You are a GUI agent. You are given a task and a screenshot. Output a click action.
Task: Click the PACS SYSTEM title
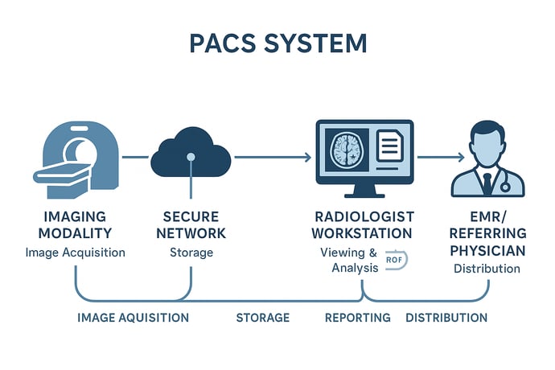click(x=277, y=44)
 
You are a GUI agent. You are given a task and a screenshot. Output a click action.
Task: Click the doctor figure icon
click(x=487, y=160)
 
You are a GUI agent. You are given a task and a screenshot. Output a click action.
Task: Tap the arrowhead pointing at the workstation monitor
click(x=307, y=158)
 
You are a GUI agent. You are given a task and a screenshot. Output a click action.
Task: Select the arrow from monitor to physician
click(x=442, y=158)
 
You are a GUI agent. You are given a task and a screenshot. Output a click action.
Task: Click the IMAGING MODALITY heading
click(x=76, y=225)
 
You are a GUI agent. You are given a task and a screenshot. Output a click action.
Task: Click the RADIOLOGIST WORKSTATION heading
click(x=365, y=225)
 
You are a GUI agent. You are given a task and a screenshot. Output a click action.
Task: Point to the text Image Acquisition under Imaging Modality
click(x=76, y=253)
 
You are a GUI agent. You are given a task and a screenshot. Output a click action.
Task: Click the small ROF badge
click(x=395, y=260)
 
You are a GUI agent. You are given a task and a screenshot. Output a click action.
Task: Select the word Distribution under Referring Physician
click(x=486, y=269)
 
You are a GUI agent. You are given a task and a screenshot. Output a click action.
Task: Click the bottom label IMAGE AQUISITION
click(x=133, y=318)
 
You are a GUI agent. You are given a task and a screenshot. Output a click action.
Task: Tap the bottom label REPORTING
click(x=357, y=318)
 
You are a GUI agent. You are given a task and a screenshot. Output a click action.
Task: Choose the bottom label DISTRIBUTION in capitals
click(x=446, y=318)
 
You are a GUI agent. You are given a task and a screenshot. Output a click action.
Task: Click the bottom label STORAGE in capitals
click(x=262, y=318)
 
